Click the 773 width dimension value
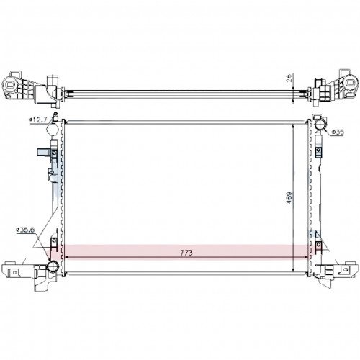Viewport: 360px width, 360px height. pos(186,253)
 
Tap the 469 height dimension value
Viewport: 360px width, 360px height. pos(289,197)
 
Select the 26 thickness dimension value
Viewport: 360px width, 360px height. pos(289,78)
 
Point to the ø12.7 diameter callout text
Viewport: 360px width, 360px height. pos(38,120)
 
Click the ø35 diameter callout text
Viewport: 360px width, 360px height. pos(338,132)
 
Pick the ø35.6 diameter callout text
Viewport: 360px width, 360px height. pos(25,230)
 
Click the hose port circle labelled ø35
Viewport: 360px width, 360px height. pos(319,125)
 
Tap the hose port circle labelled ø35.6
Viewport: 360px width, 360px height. pos(53,266)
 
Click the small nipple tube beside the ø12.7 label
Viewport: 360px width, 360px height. pos(56,117)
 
